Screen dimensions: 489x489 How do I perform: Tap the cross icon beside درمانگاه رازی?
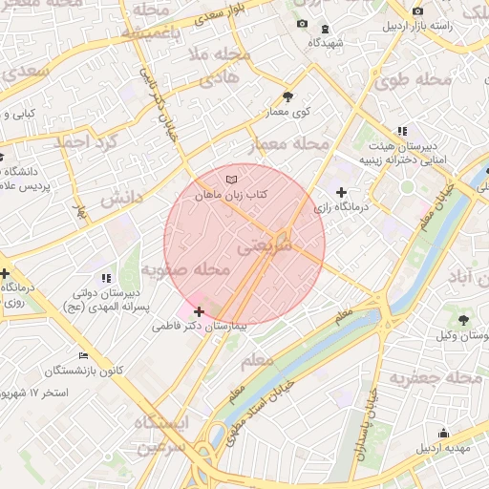(341, 193)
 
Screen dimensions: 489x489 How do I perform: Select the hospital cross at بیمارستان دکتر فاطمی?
(199, 311)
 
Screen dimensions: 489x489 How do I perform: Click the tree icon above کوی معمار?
(289, 96)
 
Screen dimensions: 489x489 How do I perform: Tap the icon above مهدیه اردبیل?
(442, 433)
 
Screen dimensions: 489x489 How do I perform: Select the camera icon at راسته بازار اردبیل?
(416, 11)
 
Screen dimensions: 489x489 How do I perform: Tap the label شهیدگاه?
(327, 43)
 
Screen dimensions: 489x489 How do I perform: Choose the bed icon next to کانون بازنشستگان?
(83, 356)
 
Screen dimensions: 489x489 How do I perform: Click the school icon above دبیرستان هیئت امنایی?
(402, 131)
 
